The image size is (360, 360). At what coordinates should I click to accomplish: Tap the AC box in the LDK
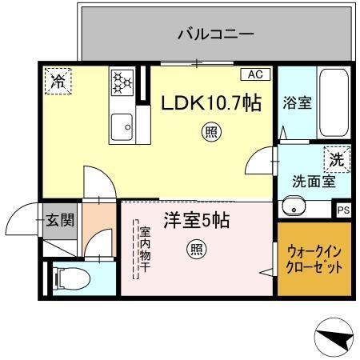click(x=254, y=74)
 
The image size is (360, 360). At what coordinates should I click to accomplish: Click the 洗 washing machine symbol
click(x=337, y=158)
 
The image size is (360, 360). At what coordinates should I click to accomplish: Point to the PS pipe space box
click(x=343, y=210)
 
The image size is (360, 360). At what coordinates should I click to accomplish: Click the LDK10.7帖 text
click(x=211, y=103)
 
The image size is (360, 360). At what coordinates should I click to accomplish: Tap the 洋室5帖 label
click(x=196, y=220)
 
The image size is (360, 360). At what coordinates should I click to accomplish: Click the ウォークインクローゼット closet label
click(x=314, y=258)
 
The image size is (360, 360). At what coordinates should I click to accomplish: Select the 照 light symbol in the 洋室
click(x=196, y=250)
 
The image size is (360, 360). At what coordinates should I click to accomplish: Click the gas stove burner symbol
click(x=122, y=82)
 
